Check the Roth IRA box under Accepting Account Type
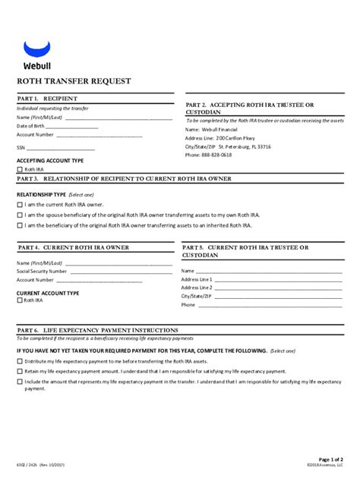coord(20,170)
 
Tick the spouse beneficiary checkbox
coord(20,215)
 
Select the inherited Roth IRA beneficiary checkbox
coord(20,225)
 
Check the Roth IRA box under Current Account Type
coord(20,300)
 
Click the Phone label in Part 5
coord(188,305)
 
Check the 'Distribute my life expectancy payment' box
coord(20,362)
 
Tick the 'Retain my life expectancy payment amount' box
coord(20,372)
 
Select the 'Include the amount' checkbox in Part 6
coord(20,382)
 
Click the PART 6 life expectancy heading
coord(98,331)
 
